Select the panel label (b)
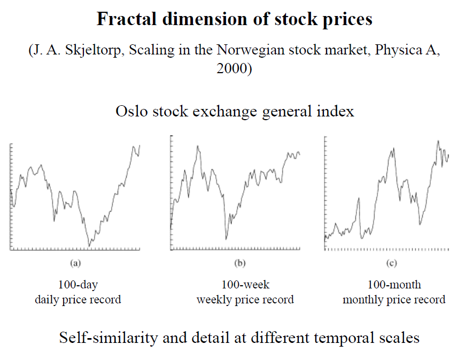point(240,263)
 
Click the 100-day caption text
point(78,284)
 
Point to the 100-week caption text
point(245,284)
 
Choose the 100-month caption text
point(394,284)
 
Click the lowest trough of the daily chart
point(89,245)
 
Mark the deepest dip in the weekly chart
point(226,238)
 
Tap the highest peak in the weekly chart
point(198,145)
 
